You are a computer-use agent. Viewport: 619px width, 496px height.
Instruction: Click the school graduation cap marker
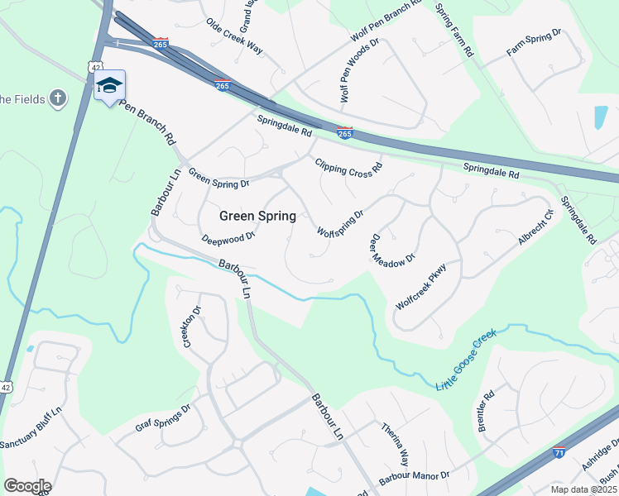110,86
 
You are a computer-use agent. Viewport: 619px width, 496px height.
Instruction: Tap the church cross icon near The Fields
58,99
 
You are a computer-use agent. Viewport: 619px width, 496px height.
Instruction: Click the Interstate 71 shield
559,453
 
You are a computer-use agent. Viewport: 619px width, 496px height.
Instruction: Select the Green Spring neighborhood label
257,216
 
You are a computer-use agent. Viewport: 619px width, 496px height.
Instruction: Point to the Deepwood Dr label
228,237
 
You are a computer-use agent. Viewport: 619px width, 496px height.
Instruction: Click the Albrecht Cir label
535,228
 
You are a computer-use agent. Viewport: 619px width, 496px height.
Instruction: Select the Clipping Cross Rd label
348,166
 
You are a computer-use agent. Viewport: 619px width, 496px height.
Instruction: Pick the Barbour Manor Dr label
414,477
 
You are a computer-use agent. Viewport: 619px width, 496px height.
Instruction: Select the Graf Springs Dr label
163,419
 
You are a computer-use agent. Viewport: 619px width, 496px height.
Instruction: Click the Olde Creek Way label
234,36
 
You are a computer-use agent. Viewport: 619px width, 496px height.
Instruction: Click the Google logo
27,485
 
